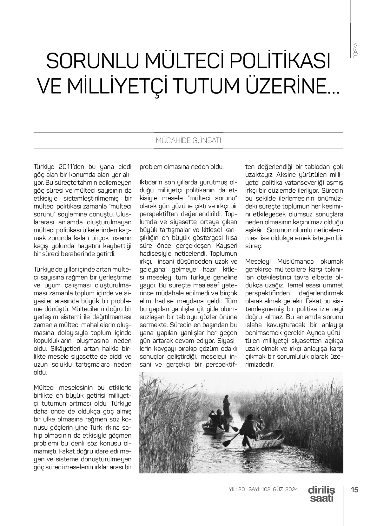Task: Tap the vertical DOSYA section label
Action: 355,50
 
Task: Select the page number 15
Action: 355,490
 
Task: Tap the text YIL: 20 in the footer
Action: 237,490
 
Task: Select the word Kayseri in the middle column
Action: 227,246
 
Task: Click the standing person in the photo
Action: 226,406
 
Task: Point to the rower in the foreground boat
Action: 249,426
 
